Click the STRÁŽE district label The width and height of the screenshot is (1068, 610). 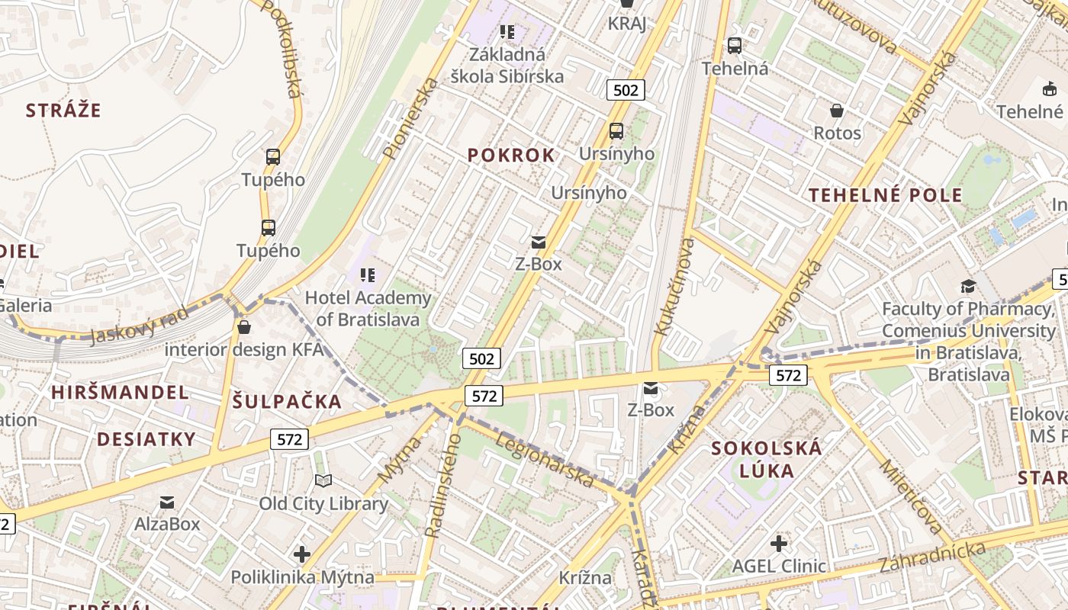click(x=63, y=111)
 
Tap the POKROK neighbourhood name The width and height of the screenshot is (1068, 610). click(x=511, y=156)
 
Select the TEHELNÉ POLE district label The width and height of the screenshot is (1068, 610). click(x=886, y=195)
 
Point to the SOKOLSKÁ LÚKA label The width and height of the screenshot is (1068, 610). click(x=767, y=459)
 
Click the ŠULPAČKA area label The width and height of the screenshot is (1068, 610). click(x=287, y=402)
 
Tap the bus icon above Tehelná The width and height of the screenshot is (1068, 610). click(x=735, y=46)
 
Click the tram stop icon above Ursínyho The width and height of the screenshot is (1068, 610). click(x=616, y=131)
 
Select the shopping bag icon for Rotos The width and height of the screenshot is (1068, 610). click(x=837, y=111)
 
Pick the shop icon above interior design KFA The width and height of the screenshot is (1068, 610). click(x=244, y=327)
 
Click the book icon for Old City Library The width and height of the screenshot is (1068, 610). click(x=323, y=481)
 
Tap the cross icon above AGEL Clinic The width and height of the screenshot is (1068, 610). click(x=779, y=544)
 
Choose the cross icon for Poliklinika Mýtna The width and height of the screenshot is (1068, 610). click(x=302, y=554)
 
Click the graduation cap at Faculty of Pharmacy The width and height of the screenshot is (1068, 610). click(x=968, y=286)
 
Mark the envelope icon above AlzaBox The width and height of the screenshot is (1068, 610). click(x=167, y=502)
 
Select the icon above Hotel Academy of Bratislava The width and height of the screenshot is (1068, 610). click(x=368, y=274)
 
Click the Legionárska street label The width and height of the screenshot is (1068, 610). click(x=544, y=461)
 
